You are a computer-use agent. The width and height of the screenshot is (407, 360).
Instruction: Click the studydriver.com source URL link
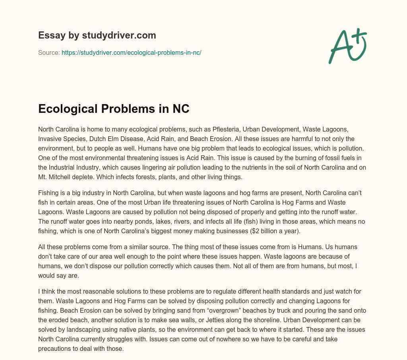pyautogui.click(x=132, y=52)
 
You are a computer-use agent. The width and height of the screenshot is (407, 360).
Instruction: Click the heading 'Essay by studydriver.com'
pyautogui.click(x=97, y=35)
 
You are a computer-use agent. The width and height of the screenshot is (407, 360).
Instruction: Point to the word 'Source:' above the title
pyautogui.click(x=49, y=52)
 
